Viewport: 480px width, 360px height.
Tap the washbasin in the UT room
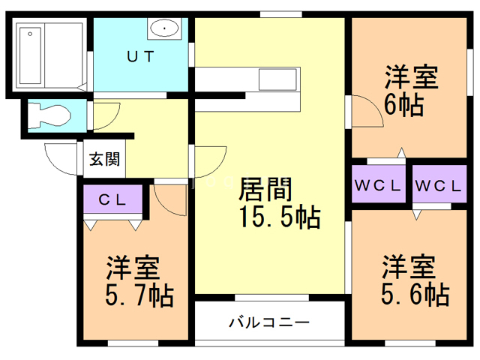click(x=163, y=30)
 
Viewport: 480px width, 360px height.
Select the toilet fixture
click(x=52, y=115)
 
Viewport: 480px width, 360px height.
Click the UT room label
click(x=139, y=56)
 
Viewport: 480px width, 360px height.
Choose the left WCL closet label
click(x=379, y=185)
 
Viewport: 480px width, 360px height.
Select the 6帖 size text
click(x=403, y=103)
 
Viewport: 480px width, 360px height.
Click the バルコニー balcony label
click(x=268, y=323)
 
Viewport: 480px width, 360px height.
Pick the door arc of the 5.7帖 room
click(x=169, y=198)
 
